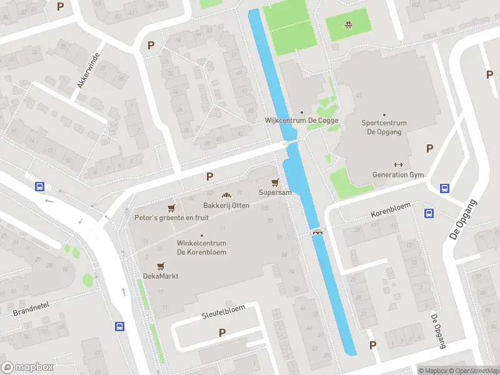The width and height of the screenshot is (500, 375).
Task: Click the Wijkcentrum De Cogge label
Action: click(x=302, y=121)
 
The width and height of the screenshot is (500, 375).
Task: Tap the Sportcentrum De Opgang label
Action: click(x=384, y=127)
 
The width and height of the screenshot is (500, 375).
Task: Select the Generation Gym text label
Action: click(x=398, y=175)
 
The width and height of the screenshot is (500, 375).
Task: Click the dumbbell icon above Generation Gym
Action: click(x=398, y=165)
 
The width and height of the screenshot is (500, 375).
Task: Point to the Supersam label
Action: click(x=275, y=192)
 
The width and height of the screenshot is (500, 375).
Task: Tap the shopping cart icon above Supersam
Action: click(x=275, y=182)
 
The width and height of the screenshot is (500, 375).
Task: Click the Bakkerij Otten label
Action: click(x=226, y=206)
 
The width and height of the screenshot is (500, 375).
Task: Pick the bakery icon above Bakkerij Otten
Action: click(x=226, y=196)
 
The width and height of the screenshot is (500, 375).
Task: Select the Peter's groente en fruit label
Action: click(x=172, y=217)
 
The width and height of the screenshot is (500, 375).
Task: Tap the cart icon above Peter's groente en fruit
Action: click(x=172, y=207)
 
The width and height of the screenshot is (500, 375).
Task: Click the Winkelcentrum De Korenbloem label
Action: click(x=201, y=247)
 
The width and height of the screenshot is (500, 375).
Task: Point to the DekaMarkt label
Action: click(x=161, y=276)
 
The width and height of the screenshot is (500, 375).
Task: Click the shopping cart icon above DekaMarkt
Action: click(x=161, y=266)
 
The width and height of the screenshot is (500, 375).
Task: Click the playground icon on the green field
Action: click(x=347, y=26)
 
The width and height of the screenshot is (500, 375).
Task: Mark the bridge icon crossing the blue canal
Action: click(x=318, y=232)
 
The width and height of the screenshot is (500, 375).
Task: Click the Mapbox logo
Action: click(x=27, y=367)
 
